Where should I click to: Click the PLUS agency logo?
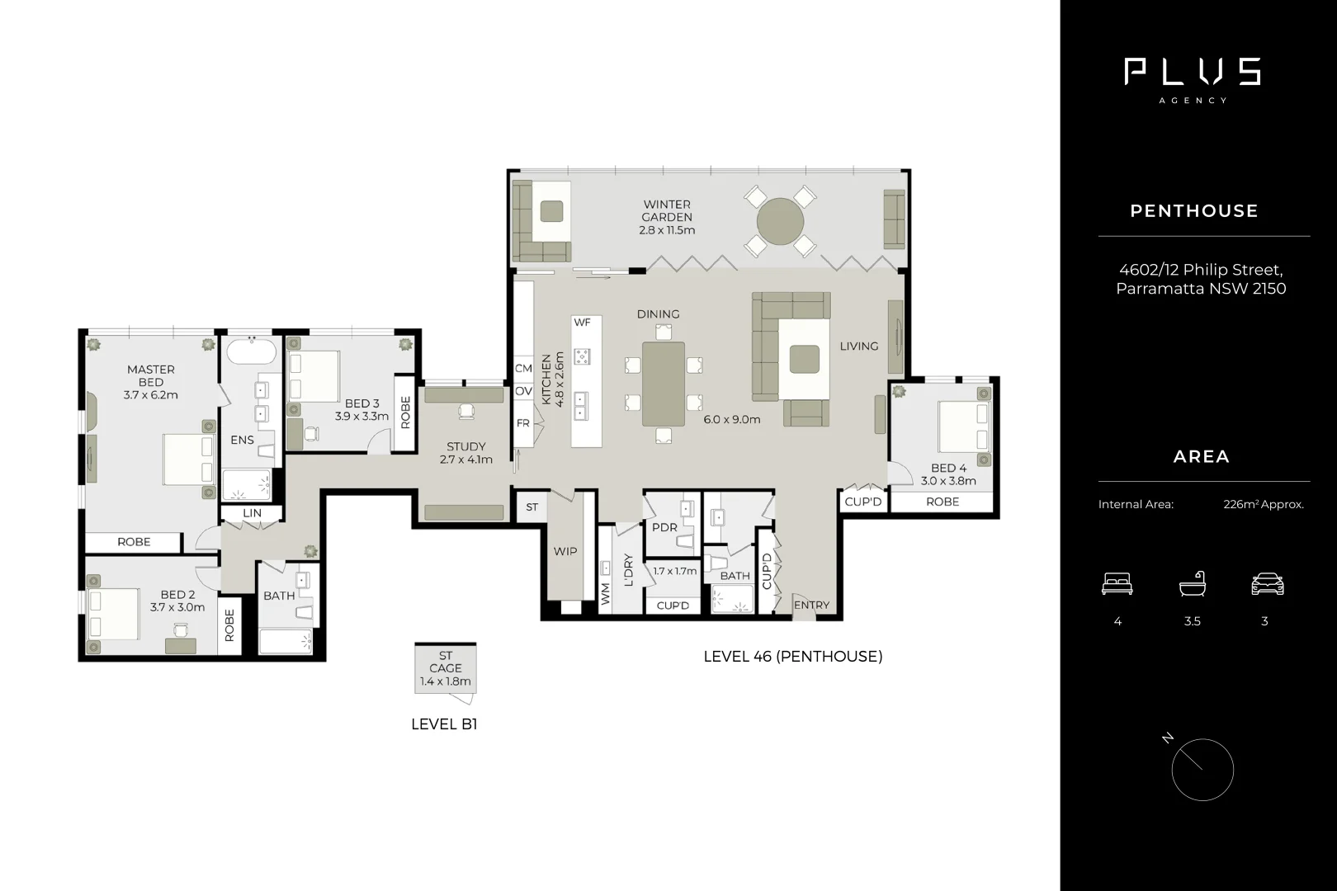1193,73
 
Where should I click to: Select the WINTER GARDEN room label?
667,210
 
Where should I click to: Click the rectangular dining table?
664,384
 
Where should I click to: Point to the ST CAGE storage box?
446,668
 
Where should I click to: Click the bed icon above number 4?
1117,584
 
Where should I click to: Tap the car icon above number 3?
1268,584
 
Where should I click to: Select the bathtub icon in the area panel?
1193,584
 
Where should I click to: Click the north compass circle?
1202,770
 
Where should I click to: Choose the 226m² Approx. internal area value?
1263,505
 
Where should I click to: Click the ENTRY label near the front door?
811,605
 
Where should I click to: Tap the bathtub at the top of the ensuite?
251,352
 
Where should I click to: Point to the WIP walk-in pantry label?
565,551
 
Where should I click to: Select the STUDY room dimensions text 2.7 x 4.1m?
465,460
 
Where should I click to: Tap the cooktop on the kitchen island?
582,356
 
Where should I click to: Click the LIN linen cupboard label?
252,513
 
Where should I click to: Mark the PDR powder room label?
664,527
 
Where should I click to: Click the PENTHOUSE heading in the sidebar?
1193,211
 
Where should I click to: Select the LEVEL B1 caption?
444,724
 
